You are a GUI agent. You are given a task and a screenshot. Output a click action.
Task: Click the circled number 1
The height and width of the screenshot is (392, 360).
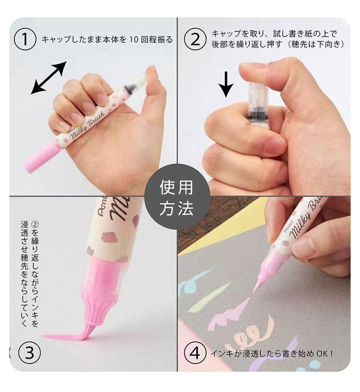click(x=26, y=40)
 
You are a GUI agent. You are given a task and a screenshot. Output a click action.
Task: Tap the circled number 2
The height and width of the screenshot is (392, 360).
click(x=195, y=40)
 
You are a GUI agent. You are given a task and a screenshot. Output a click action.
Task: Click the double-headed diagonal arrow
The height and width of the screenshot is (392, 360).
click(x=49, y=78)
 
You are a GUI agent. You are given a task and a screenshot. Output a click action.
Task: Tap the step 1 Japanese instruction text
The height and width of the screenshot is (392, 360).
click(x=107, y=40)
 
